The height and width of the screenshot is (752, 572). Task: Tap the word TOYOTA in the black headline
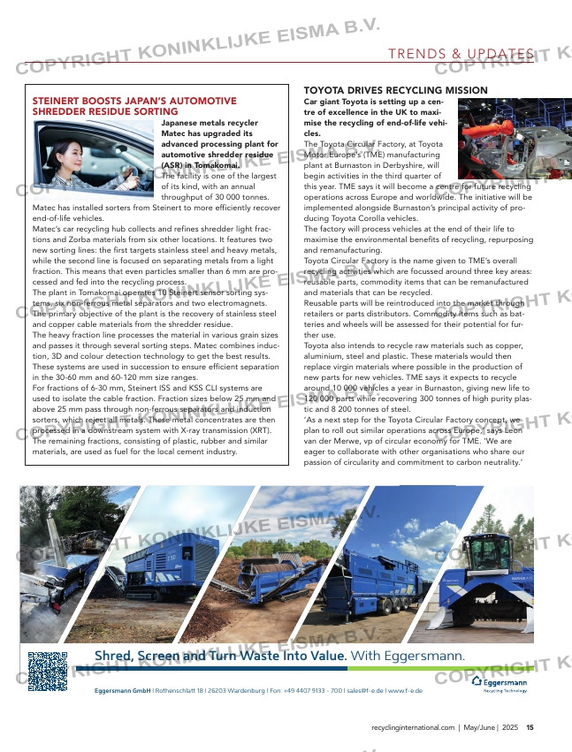tap(326, 91)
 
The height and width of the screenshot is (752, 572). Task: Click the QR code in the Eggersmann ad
tap(48, 672)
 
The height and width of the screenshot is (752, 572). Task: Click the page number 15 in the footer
tap(530, 728)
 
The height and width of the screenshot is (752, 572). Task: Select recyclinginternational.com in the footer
tap(412, 728)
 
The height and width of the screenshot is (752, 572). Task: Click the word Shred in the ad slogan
tap(112, 656)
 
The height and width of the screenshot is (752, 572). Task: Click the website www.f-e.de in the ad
tap(405, 690)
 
